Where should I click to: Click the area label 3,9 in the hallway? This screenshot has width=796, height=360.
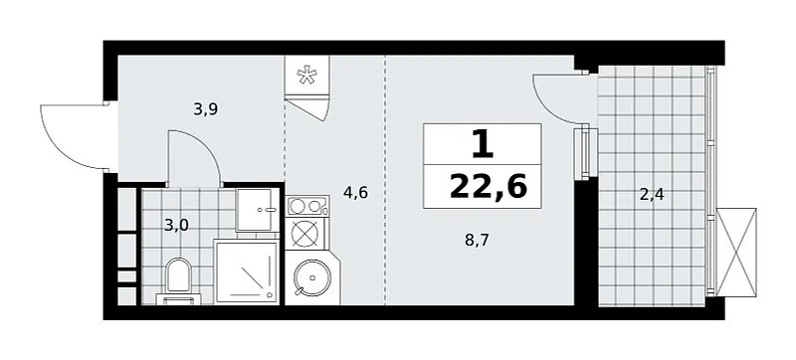(206, 109)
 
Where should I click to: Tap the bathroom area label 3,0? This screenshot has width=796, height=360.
(176, 224)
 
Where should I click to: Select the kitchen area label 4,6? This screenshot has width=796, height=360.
(355, 193)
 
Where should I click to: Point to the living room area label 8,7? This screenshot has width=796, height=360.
(477, 241)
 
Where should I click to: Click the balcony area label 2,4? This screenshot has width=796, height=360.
(652, 194)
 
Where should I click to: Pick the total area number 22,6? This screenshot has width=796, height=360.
(489, 187)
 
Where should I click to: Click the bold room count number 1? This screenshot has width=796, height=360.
(482, 144)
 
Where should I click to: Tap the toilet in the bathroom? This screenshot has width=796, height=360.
(178, 281)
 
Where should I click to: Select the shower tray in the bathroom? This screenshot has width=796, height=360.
(247, 271)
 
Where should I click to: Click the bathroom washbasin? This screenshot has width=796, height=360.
(259, 210)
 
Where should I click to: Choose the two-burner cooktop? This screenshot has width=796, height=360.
(306, 206)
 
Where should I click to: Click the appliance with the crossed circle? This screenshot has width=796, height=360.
(305, 234)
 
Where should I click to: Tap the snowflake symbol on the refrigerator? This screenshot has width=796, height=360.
(306, 76)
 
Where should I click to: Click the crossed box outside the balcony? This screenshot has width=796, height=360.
(736, 253)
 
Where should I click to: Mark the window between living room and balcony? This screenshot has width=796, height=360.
(585, 153)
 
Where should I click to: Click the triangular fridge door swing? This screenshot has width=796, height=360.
(306, 109)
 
